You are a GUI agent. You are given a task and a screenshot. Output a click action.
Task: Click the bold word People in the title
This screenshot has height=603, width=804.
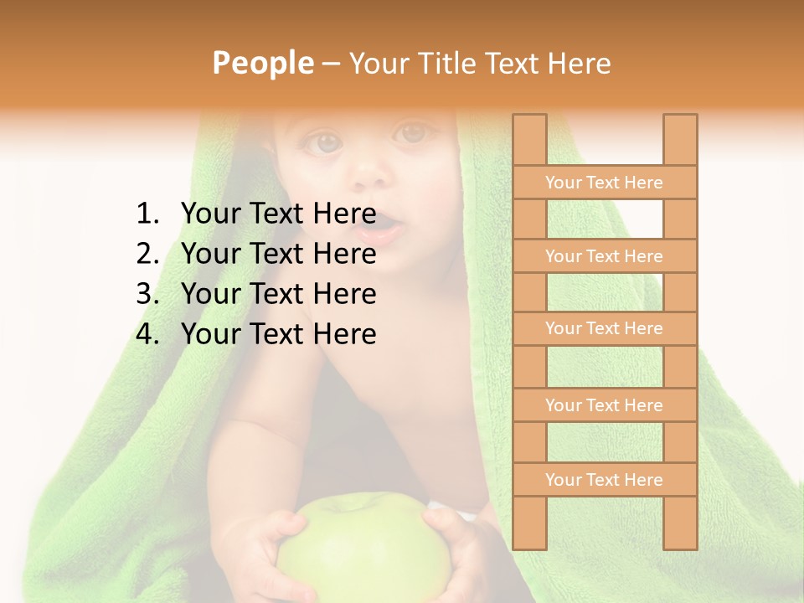262,63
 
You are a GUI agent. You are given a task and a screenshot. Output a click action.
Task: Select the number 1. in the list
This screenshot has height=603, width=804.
147,214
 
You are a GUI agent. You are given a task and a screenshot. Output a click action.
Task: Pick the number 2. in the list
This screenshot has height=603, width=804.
147,254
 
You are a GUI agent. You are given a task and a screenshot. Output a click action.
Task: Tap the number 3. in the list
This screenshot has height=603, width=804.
147,294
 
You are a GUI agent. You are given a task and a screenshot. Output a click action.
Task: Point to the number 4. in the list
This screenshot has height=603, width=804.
147,334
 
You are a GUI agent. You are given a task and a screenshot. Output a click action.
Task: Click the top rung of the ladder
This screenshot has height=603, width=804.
604,183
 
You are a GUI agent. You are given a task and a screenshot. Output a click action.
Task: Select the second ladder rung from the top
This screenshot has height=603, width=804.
604,256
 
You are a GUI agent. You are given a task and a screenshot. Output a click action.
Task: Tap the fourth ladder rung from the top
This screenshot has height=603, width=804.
604,405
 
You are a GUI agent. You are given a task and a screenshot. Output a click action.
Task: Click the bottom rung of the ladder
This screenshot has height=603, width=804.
604,480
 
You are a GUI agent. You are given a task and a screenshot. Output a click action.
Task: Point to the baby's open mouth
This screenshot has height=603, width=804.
379,226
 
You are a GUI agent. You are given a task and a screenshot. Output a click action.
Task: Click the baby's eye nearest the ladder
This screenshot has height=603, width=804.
411,133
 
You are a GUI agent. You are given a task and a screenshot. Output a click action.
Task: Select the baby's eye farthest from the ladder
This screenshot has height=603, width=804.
326,142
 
